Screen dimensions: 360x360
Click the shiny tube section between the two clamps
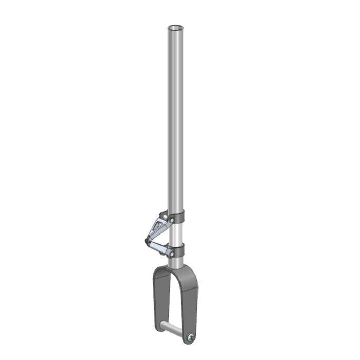pyautogui.click(x=175, y=235)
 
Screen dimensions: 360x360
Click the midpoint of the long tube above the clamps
pyautogui.click(x=175, y=118)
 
